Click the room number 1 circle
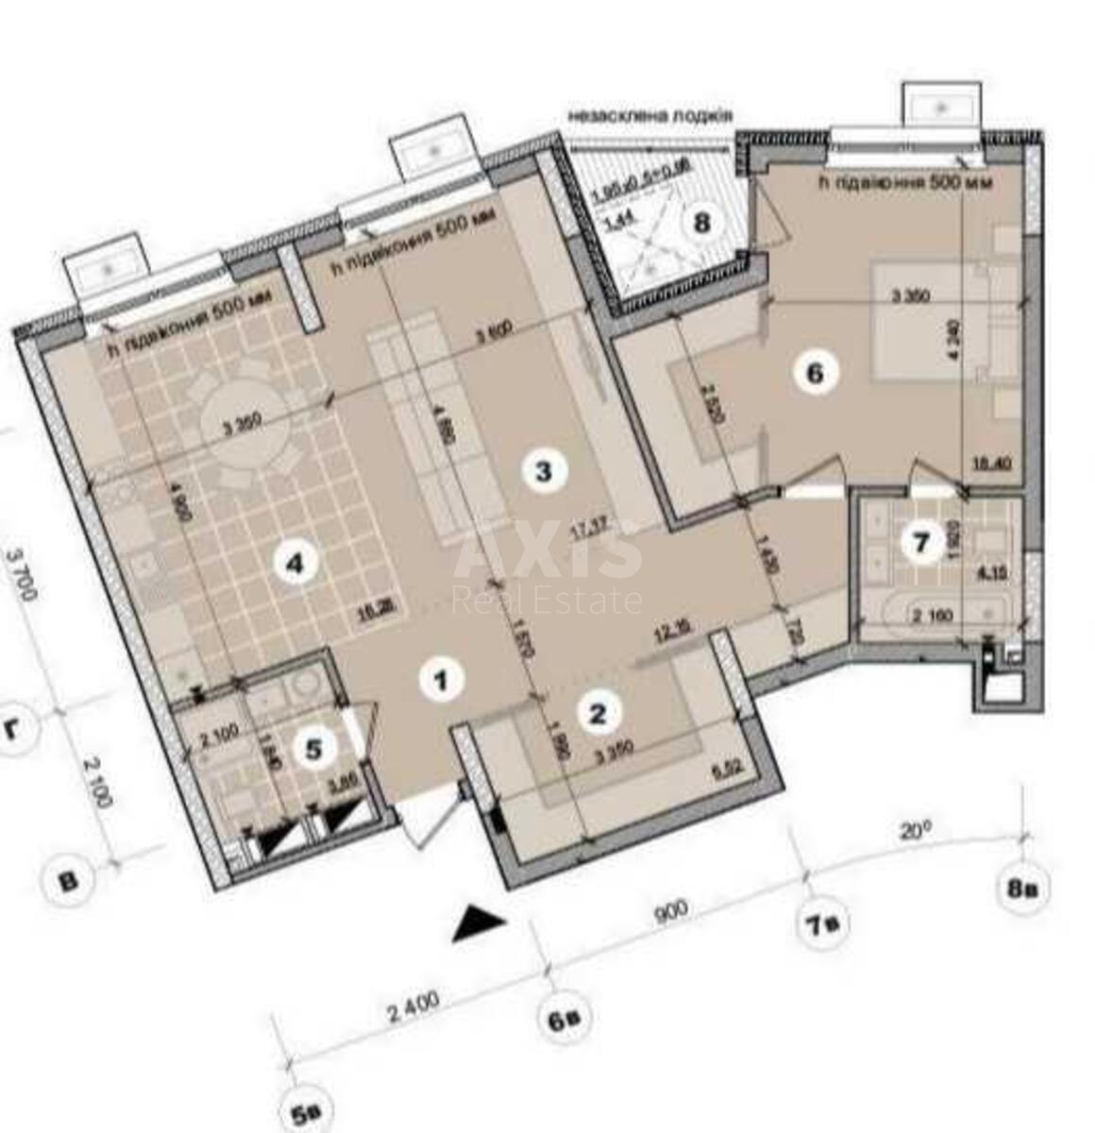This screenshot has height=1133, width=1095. [x=441, y=679]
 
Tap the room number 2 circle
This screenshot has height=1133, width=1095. [x=598, y=713]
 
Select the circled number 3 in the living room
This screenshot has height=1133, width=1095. [x=543, y=469]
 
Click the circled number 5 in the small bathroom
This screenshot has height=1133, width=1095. [x=314, y=748]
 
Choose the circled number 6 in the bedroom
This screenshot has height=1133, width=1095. [x=814, y=372]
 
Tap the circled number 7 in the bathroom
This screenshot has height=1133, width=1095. [x=922, y=542]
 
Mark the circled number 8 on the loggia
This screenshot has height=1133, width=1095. [x=700, y=224]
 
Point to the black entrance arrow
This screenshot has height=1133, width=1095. [x=478, y=924]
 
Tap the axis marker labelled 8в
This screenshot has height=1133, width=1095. [x=1022, y=888]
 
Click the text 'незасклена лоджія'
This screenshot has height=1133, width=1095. [x=649, y=115]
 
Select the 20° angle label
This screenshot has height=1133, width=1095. [x=914, y=831]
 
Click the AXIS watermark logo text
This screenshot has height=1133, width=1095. [x=547, y=557]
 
